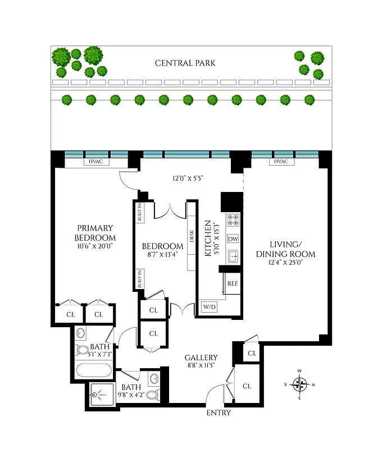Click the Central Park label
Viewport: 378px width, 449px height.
click(185, 63)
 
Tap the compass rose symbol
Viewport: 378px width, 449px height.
click(300, 384)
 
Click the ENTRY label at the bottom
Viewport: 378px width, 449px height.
click(218, 413)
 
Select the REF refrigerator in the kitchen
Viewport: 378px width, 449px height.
click(233, 283)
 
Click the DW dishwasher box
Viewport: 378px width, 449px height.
click(233, 239)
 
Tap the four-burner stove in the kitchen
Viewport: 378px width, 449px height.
click(233, 219)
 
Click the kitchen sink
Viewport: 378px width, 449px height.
click(233, 257)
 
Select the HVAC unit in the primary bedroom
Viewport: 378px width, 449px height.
click(94, 162)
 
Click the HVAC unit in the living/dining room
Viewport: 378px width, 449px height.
click(281, 162)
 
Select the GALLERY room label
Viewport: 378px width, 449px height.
click(201, 358)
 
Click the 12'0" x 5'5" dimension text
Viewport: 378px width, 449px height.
click(188, 178)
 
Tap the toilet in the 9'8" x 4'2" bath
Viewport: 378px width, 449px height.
click(153, 393)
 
